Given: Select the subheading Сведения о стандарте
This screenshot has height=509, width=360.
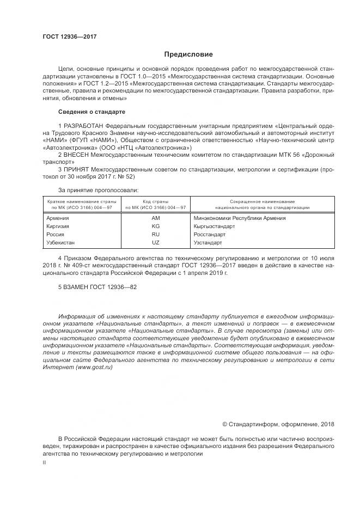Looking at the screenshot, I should pos(91,112).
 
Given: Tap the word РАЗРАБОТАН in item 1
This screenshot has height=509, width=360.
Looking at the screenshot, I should pos(83,126).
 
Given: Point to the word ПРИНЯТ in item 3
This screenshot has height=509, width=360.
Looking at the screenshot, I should pos(76,169).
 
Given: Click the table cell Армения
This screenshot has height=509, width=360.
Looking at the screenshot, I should pos(59,218).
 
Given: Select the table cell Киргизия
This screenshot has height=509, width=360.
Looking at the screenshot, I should pos(59,225).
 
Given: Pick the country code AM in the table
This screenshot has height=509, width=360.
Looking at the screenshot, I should pos(155,218).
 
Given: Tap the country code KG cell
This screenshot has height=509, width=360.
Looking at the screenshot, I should pos(155,225).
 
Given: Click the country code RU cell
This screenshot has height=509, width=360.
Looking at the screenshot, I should pos(155,234).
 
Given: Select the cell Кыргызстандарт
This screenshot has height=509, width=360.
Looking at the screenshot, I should pos(214,225).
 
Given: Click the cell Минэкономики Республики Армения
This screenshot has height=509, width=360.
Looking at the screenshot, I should pos(239,218).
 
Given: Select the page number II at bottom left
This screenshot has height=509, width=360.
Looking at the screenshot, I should pos(45,462).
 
